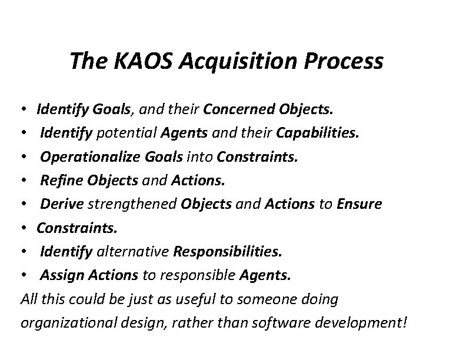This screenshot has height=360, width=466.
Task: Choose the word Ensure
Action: [x=359, y=204]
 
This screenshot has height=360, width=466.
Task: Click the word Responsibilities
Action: [x=227, y=252]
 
